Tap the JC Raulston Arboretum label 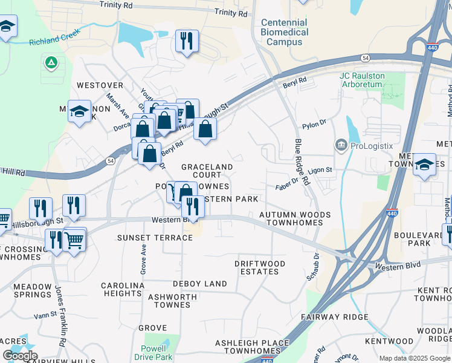pos(361,80)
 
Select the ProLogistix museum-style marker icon pos(341,145)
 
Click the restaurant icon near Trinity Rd pos(186,41)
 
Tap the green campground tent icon pos(51,62)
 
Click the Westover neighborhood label pos(100,86)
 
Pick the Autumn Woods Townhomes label pos(295,218)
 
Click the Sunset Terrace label pos(155,238)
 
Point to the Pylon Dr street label pos(315,123)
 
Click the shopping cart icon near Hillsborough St pos(75,240)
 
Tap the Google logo pos(20,356)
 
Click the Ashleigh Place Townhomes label pos(253,347)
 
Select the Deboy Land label pos(199,283)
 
